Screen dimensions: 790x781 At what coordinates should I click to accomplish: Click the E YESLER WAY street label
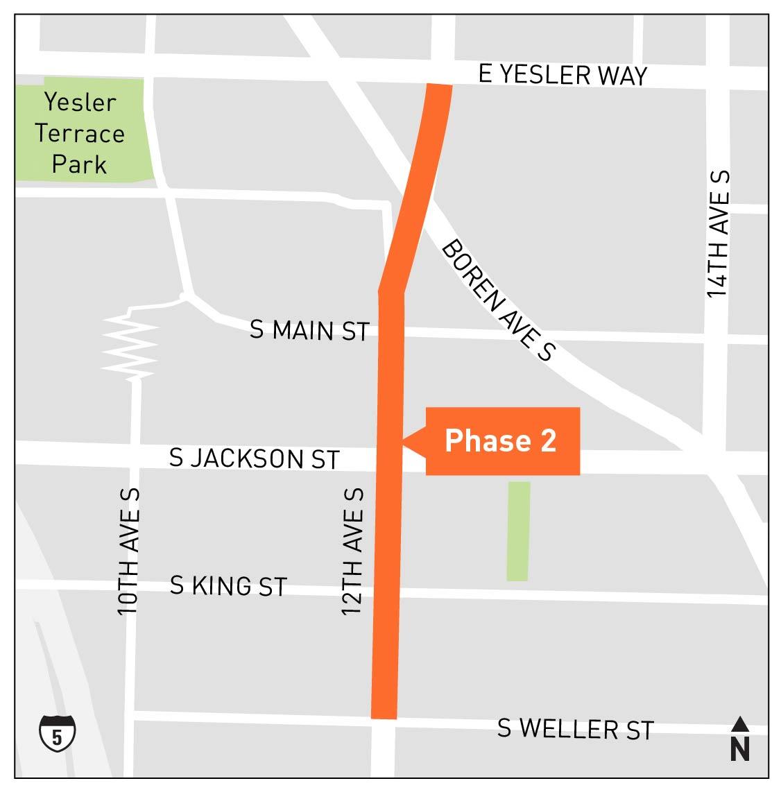[x=563, y=74]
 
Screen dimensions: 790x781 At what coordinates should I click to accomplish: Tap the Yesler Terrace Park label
[x=80, y=133]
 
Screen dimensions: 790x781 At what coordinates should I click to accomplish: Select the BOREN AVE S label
[x=498, y=300]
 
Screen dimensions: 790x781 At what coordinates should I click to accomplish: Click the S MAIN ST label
[x=309, y=330]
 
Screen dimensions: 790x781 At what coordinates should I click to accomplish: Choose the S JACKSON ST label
[x=255, y=458]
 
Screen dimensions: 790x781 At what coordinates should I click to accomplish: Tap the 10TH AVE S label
[x=129, y=551]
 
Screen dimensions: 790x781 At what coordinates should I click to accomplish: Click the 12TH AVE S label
[x=353, y=551]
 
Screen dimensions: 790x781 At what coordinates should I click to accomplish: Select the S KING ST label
[x=228, y=586]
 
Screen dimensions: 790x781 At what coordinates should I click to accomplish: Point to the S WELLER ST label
[x=576, y=728]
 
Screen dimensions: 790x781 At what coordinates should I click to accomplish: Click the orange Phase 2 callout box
[x=502, y=440]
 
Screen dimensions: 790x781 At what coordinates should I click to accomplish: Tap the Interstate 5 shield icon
[x=57, y=732]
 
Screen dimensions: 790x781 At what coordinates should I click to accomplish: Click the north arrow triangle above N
[x=740, y=724]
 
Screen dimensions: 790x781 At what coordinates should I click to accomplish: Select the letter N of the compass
[x=740, y=750]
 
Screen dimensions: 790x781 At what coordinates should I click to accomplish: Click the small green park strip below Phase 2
[x=518, y=531]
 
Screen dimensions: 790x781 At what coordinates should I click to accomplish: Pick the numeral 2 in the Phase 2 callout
[x=547, y=441]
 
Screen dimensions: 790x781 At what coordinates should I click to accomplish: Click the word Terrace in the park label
[x=80, y=133]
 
